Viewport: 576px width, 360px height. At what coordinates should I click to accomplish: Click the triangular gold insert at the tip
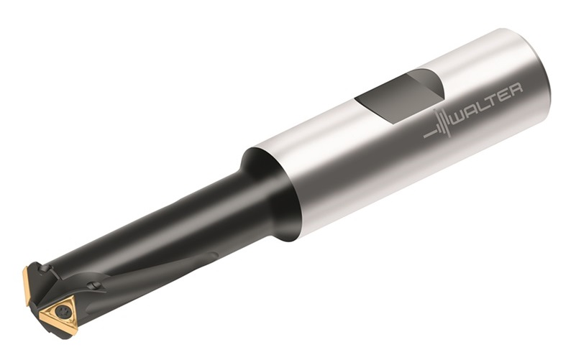pos(60,315)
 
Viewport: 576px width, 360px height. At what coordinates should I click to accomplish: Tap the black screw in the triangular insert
pos(62,312)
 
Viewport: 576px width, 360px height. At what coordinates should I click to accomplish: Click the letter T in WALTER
pos(492,101)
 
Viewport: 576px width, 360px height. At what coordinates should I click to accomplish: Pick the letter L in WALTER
pos(481,106)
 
